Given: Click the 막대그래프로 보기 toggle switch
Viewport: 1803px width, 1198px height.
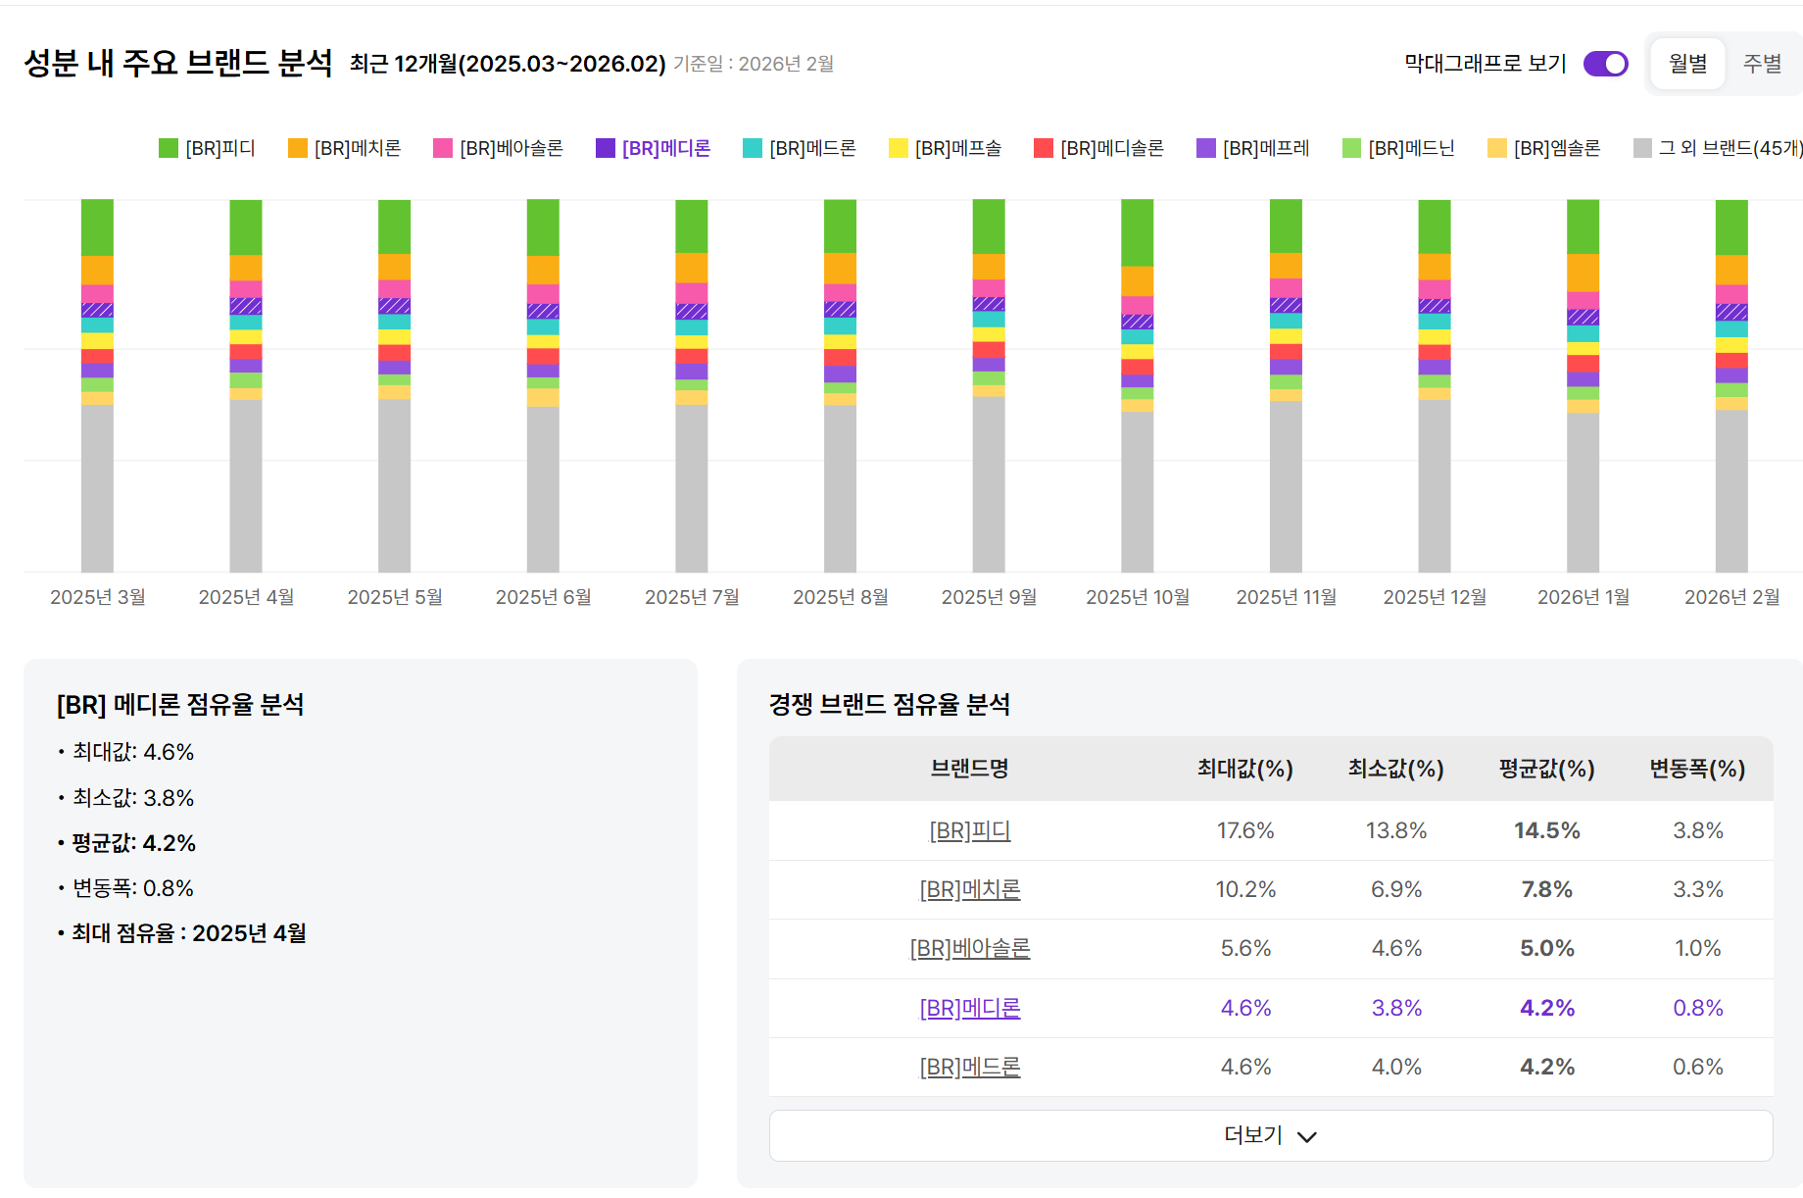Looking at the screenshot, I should click(x=1605, y=64).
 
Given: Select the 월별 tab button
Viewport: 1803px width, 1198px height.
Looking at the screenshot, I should click(x=1687, y=64).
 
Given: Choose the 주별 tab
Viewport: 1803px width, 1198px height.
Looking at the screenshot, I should click(x=1762, y=64).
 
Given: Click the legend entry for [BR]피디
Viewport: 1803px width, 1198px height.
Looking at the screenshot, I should click(x=208, y=148).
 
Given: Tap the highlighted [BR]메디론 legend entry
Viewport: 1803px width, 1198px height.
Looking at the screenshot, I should click(x=654, y=148).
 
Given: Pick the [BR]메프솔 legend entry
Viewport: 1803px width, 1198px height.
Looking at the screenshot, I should click(x=946, y=148).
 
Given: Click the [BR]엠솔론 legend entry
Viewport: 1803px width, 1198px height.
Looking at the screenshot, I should click(x=1544, y=148).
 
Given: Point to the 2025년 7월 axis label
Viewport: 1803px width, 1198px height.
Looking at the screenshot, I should click(x=692, y=597).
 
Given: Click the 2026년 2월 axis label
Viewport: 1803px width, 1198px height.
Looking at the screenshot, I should click(x=1731, y=597).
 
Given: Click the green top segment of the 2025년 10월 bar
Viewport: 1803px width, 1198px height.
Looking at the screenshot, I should click(x=1138, y=232).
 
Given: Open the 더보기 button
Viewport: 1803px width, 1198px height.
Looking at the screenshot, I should click(x=1271, y=1135).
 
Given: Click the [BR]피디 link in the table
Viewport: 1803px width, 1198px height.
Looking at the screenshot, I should click(x=970, y=831).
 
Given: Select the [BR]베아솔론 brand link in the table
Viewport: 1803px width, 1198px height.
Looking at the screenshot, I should click(x=970, y=949).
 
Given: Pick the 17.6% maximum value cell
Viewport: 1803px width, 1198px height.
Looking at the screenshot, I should click(x=1245, y=831).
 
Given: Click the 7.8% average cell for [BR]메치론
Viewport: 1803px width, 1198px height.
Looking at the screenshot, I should click(x=1546, y=890).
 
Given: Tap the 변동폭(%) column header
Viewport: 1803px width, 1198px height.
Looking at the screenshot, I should click(x=1697, y=769).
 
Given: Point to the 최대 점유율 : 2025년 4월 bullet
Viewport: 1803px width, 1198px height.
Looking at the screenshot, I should click(x=188, y=933).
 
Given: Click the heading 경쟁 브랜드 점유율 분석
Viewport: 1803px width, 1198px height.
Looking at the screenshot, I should click(x=889, y=704).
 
